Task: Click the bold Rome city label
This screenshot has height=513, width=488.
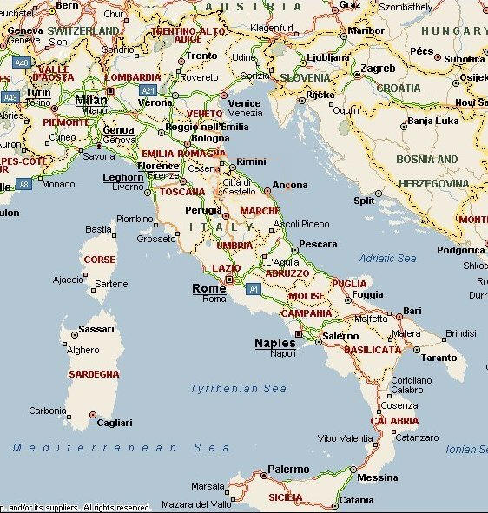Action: (x=208, y=288)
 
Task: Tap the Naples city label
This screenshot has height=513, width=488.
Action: (x=274, y=343)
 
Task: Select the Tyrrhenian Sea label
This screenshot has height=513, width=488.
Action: (x=238, y=389)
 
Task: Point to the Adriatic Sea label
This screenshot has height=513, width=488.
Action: (x=387, y=259)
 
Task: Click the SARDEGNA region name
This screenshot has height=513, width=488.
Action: (x=93, y=374)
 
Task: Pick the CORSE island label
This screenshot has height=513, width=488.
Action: (x=98, y=260)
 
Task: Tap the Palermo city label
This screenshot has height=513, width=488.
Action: (x=287, y=470)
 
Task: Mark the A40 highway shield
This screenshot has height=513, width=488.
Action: (x=21, y=62)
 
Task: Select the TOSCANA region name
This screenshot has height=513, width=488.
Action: (x=181, y=192)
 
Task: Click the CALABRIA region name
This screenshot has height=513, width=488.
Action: (x=394, y=421)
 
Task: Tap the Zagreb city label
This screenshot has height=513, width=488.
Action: (x=378, y=69)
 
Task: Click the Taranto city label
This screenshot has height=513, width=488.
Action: (x=439, y=358)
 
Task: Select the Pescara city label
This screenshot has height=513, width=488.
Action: (x=317, y=245)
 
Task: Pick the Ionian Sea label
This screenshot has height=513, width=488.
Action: (x=472, y=450)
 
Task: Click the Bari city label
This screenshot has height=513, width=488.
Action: (x=412, y=311)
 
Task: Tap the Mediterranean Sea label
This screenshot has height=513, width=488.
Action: (x=122, y=448)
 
